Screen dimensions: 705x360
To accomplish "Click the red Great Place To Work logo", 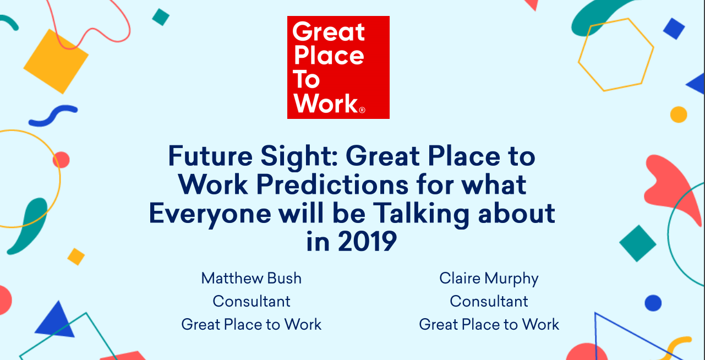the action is (338, 67).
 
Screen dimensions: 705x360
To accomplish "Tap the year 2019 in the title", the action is (367, 241).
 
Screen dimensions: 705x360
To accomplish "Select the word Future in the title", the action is (210, 156).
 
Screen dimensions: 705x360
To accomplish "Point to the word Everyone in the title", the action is (210, 214).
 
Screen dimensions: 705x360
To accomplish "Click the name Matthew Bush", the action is (252, 278).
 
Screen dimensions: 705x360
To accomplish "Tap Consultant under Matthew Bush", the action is (252, 302).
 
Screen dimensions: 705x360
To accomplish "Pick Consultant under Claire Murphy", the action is (489, 302).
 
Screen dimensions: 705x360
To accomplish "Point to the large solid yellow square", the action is (56, 61).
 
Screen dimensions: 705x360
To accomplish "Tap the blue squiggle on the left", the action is (53, 116).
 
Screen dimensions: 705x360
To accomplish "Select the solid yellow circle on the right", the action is (679, 114).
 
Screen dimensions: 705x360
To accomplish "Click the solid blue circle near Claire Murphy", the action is (653, 303).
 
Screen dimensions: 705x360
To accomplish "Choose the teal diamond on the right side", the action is (638, 243).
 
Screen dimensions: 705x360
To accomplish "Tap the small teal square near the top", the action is (161, 17).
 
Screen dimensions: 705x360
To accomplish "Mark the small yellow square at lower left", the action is (76, 257).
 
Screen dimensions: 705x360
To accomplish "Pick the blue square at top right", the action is (674, 29).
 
